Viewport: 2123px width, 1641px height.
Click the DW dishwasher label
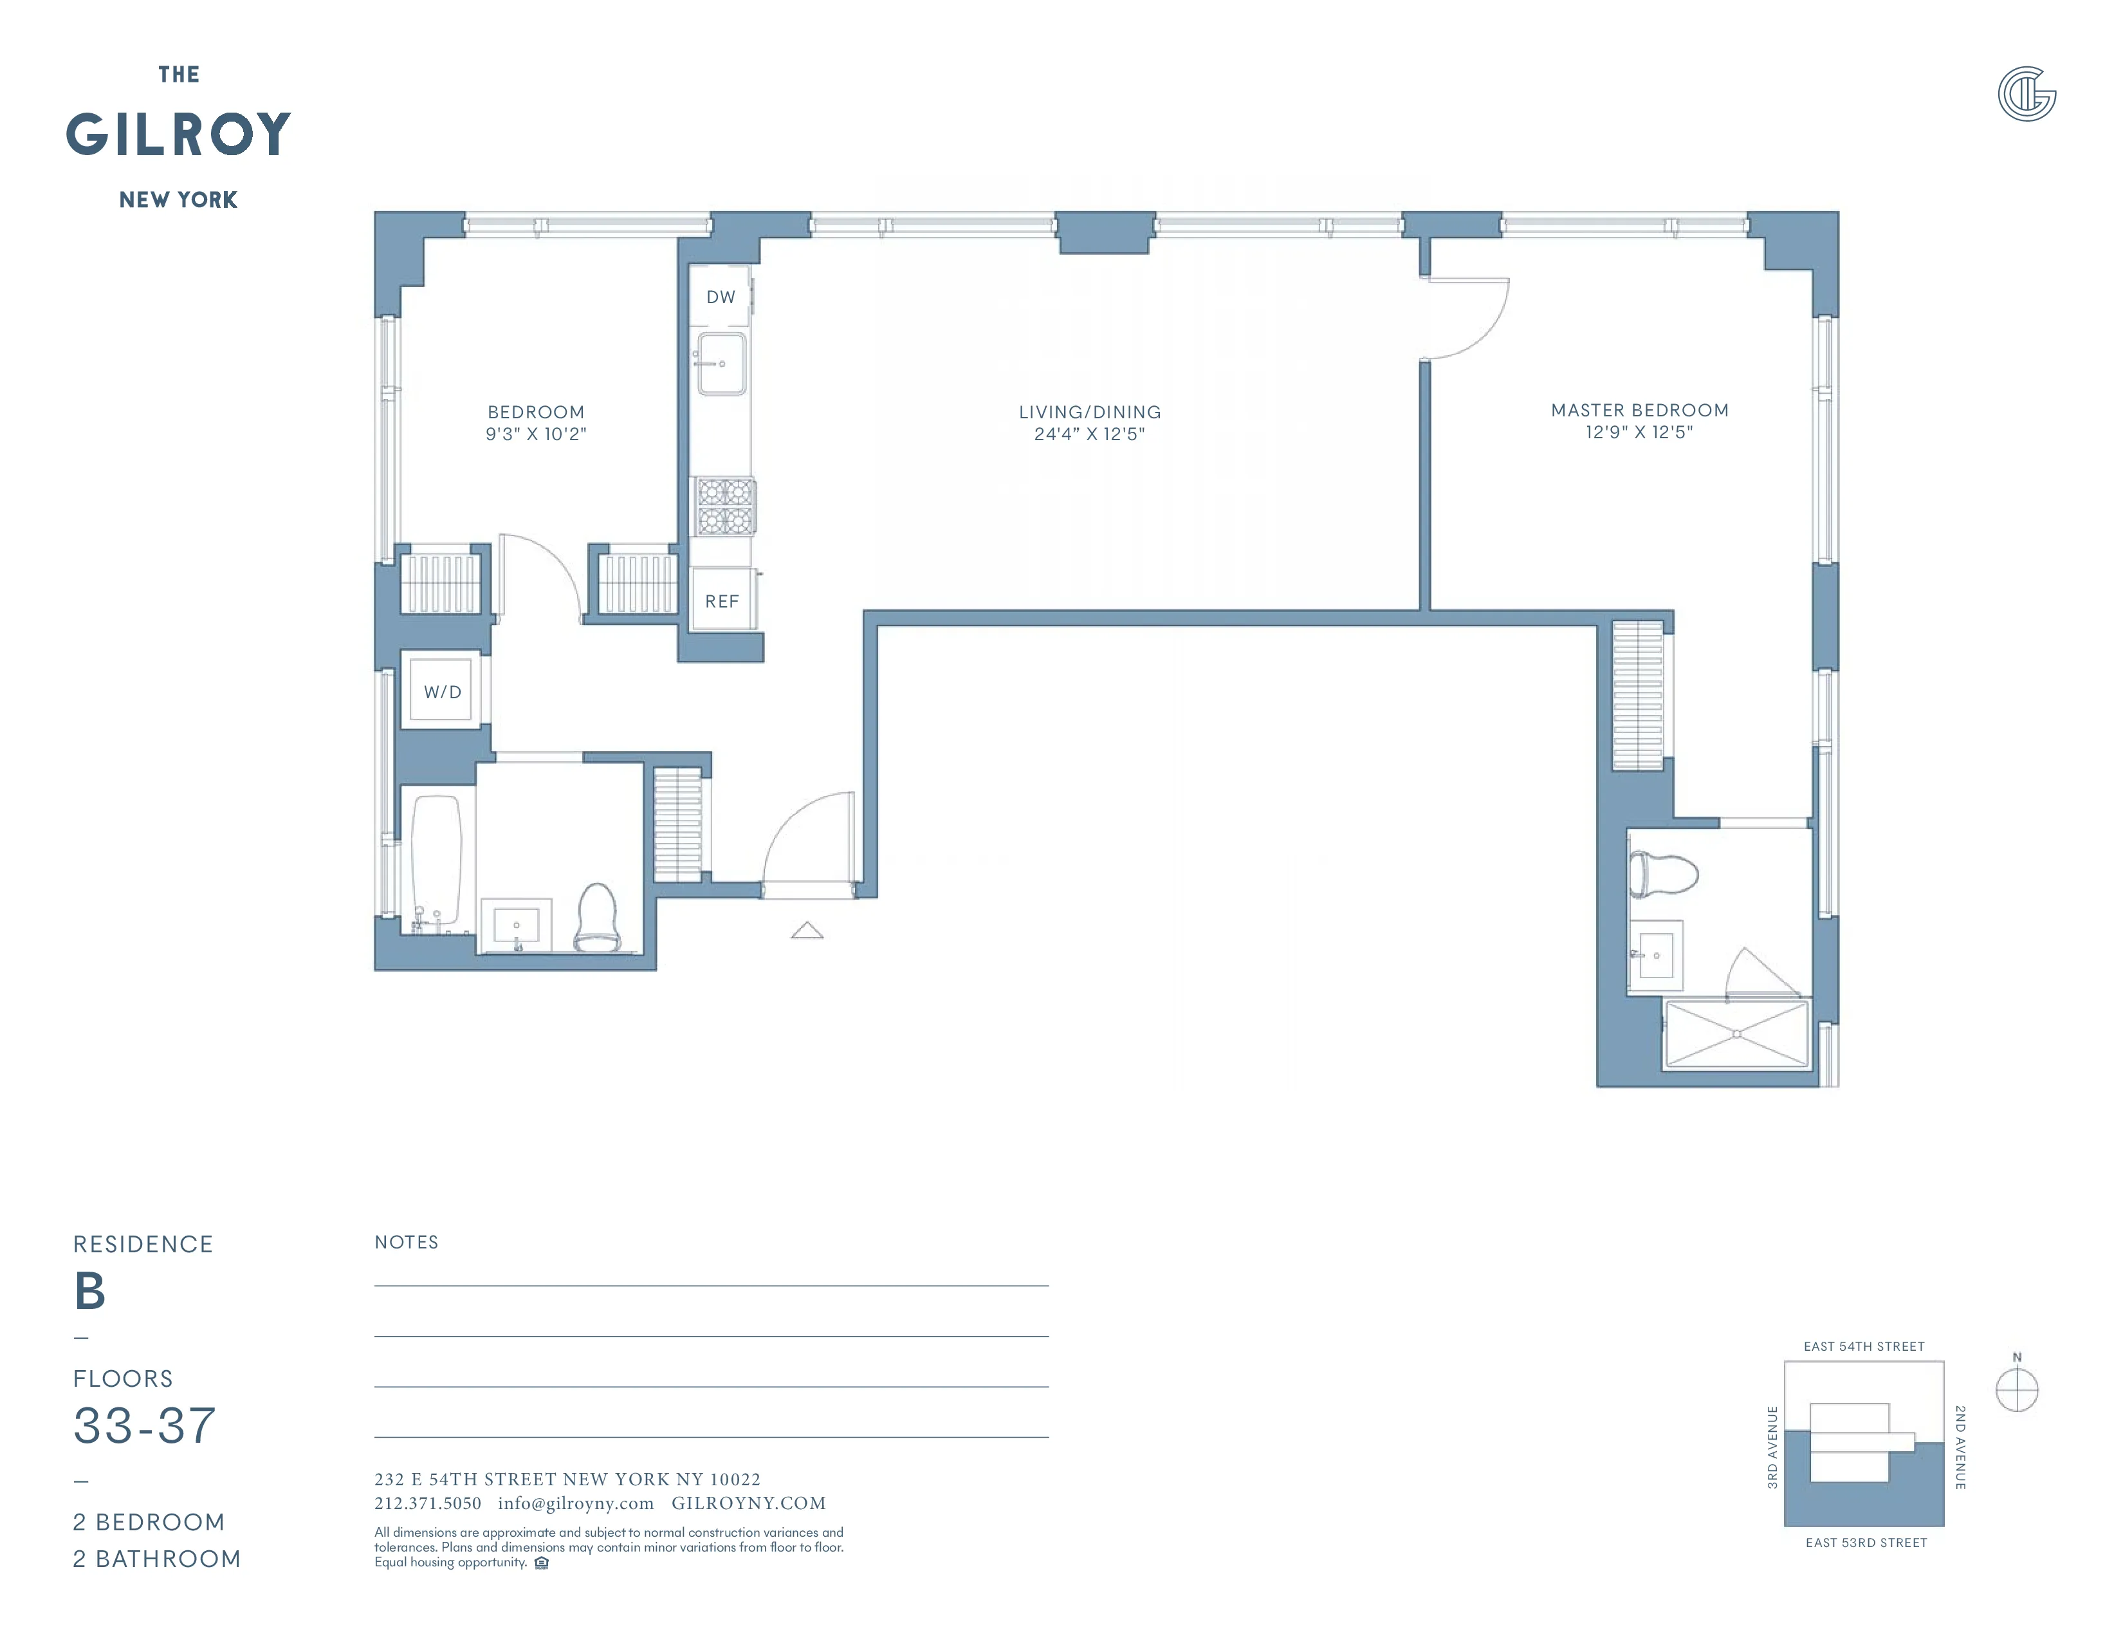click(721, 297)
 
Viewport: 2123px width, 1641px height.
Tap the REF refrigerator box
click(721, 601)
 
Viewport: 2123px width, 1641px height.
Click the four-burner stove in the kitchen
click(725, 506)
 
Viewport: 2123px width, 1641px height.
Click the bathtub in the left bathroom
click(436, 861)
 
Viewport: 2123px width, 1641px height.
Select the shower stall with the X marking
click(1736, 1034)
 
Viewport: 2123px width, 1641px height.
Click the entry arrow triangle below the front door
click(807, 931)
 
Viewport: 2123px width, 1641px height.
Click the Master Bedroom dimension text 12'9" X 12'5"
click(1639, 432)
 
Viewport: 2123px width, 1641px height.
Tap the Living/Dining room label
click(1090, 413)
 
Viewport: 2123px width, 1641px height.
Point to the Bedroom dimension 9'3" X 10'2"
click(536, 434)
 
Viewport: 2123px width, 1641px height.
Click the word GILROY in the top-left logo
click(179, 134)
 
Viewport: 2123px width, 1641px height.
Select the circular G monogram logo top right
click(2026, 95)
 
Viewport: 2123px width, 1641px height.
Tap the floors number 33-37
click(145, 1426)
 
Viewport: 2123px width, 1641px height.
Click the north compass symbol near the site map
click(2016, 1390)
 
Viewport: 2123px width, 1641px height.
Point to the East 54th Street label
click(1864, 1346)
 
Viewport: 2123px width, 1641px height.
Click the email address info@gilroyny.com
click(576, 1503)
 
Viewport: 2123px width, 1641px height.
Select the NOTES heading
click(407, 1243)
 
